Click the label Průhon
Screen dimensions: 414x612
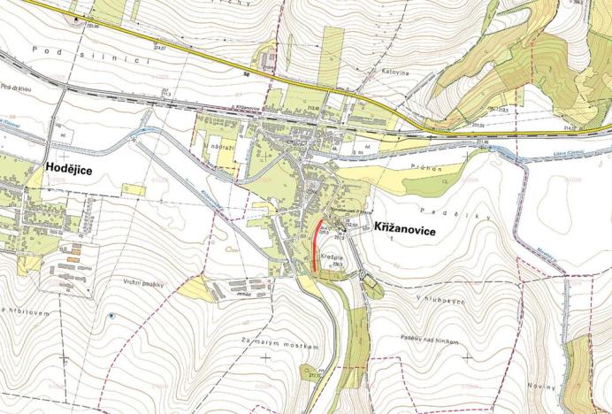[425, 166]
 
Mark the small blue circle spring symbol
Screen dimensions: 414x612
[111, 315]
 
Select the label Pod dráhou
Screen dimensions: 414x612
[18, 88]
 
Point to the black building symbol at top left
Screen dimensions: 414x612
[81, 17]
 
